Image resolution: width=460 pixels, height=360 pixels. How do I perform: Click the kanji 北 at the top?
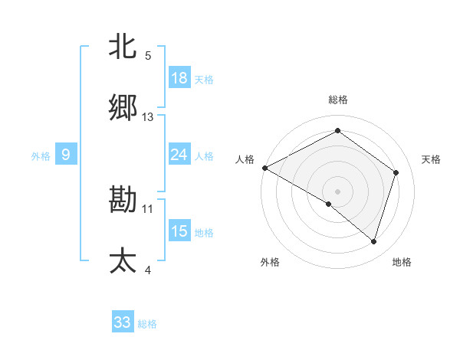click(x=123, y=47)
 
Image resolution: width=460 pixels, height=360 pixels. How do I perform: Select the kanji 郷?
click(x=123, y=108)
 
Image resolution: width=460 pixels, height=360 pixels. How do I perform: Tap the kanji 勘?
click(x=123, y=200)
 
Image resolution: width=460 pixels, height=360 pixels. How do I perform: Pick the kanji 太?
click(x=123, y=261)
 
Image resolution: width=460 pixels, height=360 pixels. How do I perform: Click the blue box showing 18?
click(x=179, y=78)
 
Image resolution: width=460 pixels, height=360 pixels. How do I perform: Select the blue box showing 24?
click(x=179, y=155)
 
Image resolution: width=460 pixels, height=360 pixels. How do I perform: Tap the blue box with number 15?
click(x=179, y=231)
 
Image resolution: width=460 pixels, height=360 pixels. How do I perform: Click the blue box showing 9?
click(x=66, y=155)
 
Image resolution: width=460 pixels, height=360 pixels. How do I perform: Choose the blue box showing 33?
click(x=123, y=322)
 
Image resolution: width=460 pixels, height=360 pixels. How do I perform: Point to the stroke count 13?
click(x=148, y=117)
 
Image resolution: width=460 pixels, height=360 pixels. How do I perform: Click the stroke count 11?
click(x=148, y=208)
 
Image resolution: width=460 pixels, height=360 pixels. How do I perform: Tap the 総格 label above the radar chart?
click(x=337, y=100)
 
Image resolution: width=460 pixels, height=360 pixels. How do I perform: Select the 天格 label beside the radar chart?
click(x=431, y=159)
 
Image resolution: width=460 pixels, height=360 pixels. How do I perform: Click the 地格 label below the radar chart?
click(x=402, y=262)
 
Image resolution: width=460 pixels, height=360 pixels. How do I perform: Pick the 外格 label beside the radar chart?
click(x=270, y=262)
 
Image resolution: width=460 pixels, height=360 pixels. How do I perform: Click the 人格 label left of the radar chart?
click(x=245, y=159)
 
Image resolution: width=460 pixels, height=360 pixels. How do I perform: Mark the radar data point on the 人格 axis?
click(x=264, y=168)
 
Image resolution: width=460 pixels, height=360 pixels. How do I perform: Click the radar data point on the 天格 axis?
click(x=396, y=172)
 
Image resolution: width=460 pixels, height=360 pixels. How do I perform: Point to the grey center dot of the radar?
click(x=337, y=191)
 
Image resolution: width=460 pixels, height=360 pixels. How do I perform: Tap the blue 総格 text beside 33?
click(x=147, y=324)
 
